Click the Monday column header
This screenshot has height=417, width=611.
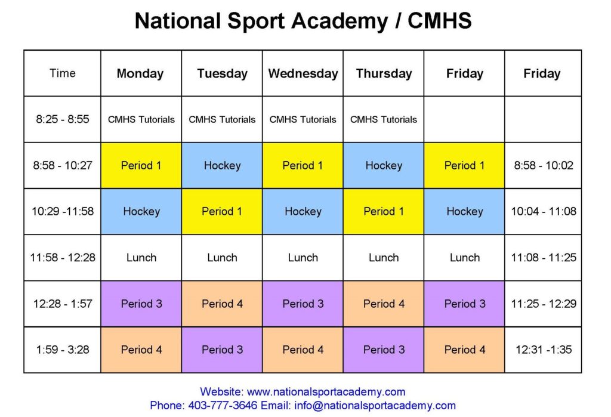[140, 73]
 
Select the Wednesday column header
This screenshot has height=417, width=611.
[303, 73]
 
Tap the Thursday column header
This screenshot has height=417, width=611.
[384, 73]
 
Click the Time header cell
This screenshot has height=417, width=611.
[62, 73]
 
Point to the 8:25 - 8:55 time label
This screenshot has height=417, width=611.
[62, 119]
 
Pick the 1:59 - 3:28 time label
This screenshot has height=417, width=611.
[62, 350]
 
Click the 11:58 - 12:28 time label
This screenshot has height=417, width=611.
[62, 257]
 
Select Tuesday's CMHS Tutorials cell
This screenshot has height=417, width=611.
[222, 119]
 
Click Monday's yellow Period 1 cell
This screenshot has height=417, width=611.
[141, 165]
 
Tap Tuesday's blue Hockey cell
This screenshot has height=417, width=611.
[222, 165]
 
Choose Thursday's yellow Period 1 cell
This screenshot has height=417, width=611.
[384, 211]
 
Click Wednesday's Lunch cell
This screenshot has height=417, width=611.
[303, 257]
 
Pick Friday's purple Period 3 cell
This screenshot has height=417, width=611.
[464, 304]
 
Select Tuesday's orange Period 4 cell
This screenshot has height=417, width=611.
[222, 304]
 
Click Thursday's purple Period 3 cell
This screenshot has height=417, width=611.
[384, 350]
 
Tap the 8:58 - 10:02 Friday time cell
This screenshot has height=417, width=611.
[543, 165]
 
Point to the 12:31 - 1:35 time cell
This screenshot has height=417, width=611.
[543, 350]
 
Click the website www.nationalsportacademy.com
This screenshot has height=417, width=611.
[326, 391]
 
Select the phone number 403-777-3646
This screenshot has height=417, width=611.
[223, 405]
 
